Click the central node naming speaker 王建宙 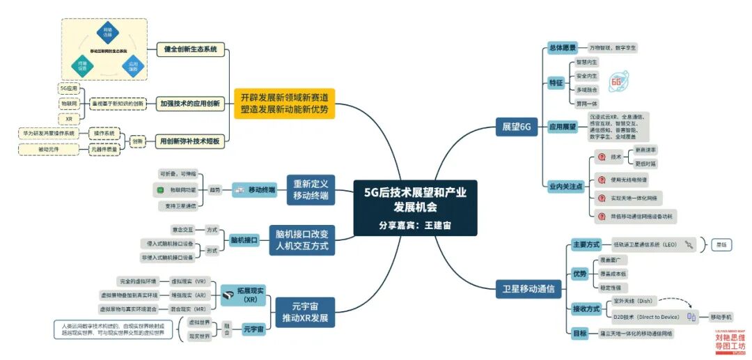pos(415,208)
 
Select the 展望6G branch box pos(517,127)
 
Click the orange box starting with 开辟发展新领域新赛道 pos(284,103)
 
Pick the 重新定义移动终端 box pos(311,188)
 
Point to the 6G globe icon pos(617,81)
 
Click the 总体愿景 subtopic pos(562,48)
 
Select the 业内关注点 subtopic pos(565,187)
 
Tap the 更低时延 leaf pos(645,164)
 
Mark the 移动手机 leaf pos(721,317)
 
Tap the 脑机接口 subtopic pos(244,240)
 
